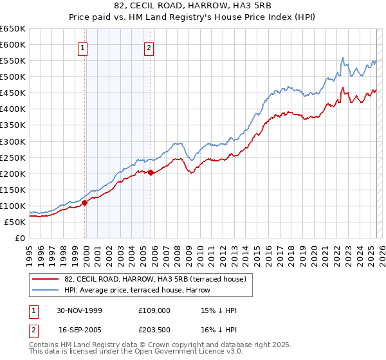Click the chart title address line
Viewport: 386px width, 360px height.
[192, 5]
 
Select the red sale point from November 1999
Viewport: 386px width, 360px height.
[85, 203]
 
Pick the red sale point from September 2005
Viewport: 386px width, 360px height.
[151, 172]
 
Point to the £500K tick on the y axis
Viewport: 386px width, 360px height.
[13, 77]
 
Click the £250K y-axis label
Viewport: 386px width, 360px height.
[13, 157]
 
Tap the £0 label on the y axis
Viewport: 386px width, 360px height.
[19, 238]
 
